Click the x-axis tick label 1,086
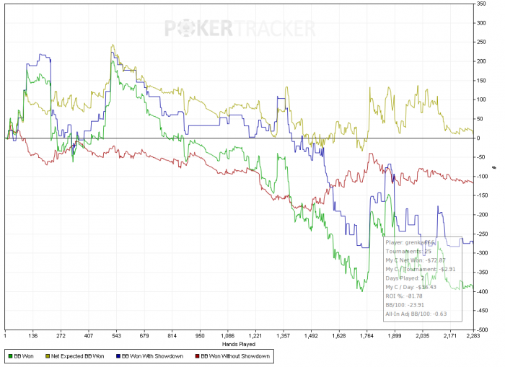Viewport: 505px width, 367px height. pyautogui.click(x=228, y=335)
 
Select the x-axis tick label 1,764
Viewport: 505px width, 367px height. pyautogui.click(x=367, y=335)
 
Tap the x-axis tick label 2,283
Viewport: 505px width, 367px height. pyautogui.click(x=473, y=335)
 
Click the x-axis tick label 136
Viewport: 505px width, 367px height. pyautogui.click(x=32, y=335)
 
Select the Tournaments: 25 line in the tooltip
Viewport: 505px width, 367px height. pyautogui.click(x=409, y=251)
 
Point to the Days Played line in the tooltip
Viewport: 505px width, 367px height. pyautogui.click(x=405, y=277)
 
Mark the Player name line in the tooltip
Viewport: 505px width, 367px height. pyautogui.click(x=409, y=242)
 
